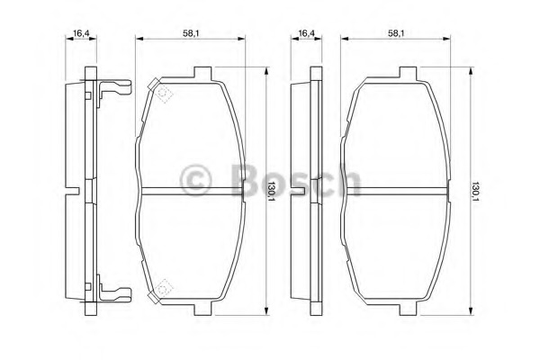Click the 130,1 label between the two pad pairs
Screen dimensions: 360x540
click(272, 189)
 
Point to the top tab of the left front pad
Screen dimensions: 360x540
click(203, 72)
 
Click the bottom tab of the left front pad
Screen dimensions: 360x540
click(203, 309)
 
